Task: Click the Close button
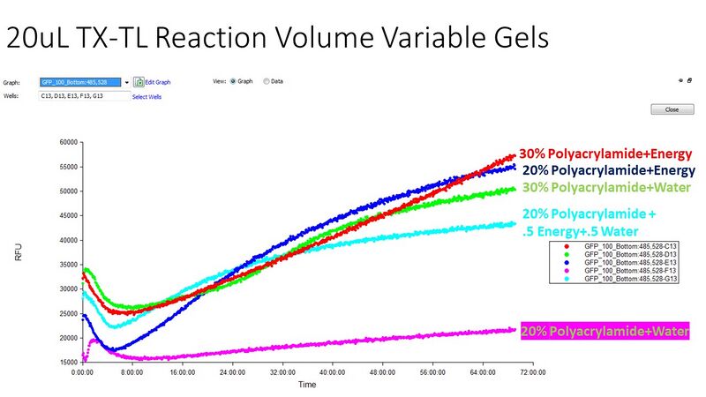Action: (x=666, y=109)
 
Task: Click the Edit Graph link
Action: (x=157, y=82)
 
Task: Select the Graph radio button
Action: (x=234, y=81)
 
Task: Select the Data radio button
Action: (x=267, y=81)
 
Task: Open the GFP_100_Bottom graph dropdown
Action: (x=127, y=82)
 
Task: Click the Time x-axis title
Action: (x=307, y=385)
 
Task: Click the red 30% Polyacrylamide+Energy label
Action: (x=605, y=154)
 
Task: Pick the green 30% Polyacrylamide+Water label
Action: (x=605, y=187)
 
